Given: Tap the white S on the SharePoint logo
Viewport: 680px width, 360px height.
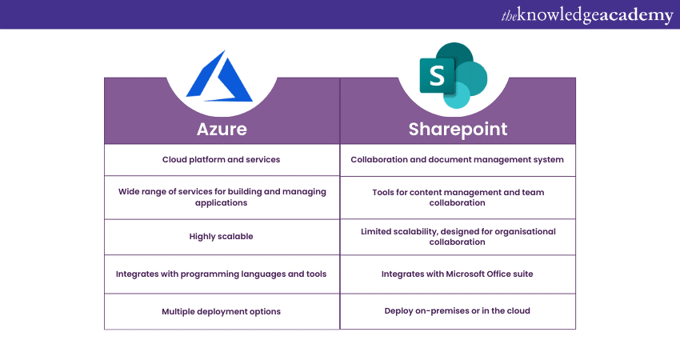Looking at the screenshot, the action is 437,75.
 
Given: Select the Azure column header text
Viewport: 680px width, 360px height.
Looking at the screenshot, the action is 222,129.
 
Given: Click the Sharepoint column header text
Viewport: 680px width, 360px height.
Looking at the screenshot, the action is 458,130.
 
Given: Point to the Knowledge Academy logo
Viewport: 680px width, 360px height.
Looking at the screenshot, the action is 587,15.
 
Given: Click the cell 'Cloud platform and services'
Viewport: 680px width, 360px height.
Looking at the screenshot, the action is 221,160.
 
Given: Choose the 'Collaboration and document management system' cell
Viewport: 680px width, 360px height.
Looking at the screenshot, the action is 457,160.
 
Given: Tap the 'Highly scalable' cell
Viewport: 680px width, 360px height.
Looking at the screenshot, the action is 221,236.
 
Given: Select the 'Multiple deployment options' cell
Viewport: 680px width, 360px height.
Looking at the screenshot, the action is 221,311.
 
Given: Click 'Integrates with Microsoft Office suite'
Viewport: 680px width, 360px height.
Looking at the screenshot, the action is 457,274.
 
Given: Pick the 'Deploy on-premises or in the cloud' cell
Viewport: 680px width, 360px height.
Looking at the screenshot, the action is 457,310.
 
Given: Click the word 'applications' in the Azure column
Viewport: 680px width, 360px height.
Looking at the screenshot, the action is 221,203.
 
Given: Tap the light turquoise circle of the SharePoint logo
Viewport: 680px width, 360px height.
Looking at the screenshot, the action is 457,95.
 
